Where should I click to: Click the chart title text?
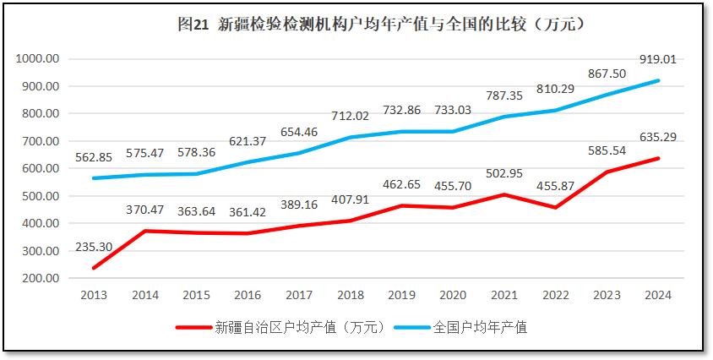coord(381,25)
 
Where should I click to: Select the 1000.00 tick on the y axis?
coord(37,59)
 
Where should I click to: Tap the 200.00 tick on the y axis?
coord(40,278)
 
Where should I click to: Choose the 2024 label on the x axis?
coord(658,295)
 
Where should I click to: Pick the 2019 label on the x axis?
coord(401,295)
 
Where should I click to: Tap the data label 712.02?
coord(350,116)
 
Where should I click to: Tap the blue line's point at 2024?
coord(658,81)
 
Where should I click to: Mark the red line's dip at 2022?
coord(555,207)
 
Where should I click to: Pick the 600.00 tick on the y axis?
coord(40,168)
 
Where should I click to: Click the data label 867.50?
coord(607,74)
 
